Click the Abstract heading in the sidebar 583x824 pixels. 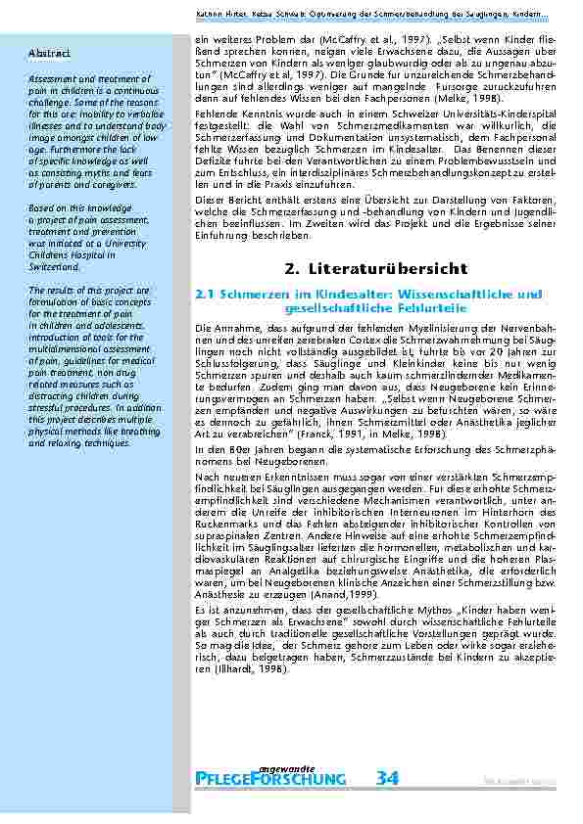pos(49,52)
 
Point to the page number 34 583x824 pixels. pos(387,778)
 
